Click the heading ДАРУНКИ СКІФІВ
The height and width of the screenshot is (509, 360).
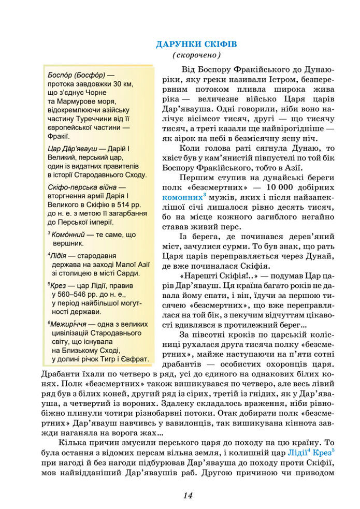click(x=196, y=44)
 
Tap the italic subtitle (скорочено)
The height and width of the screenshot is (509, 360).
click(x=196, y=55)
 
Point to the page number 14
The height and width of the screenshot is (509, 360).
click(x=188, y=496)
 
